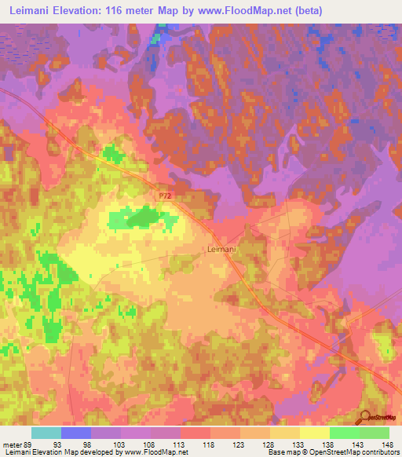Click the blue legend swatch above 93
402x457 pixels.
[x=76, y=433]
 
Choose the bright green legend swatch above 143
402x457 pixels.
[x=345, y=433]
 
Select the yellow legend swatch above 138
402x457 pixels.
[x=315, y=433]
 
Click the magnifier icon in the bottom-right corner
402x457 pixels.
[x=364, y=419]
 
